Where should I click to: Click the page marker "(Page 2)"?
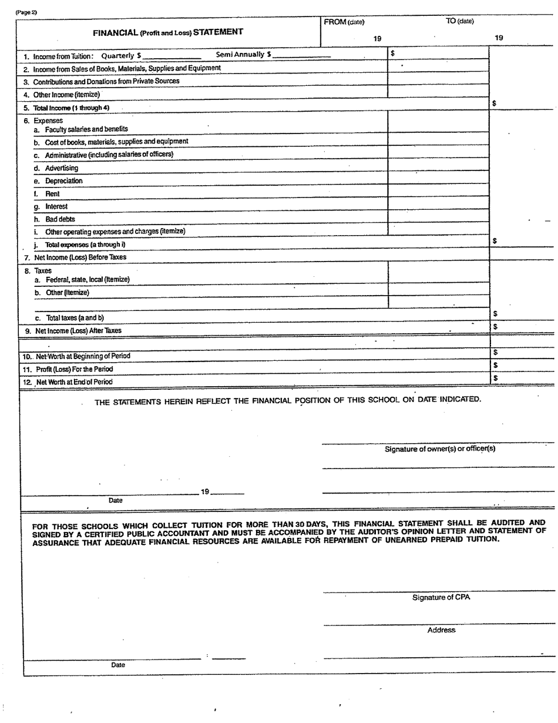(26, 12)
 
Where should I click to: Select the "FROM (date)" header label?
(344, 22)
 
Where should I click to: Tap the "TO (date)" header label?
(459, 22)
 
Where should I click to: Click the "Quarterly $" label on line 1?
(121, 56)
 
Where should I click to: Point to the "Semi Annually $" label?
(243, 55)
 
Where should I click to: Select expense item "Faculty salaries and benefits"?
(86, 129)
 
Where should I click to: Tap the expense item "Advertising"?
(62, 168)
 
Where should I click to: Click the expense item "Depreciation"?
(64, 181)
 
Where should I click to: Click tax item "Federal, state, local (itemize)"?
(88, 280)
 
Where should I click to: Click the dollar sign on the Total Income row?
(495, 103)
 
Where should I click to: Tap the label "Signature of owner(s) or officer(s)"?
(440, 449)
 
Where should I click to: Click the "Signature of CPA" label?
(441, 598)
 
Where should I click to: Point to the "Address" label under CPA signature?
(441, 630)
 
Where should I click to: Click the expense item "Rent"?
(52, 194)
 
